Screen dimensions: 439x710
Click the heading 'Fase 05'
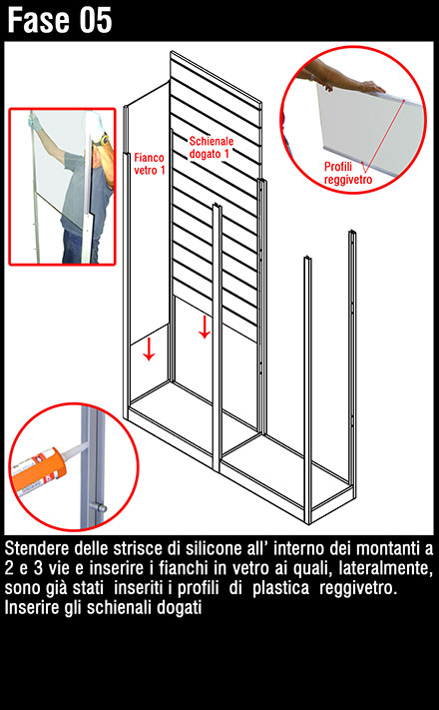59,20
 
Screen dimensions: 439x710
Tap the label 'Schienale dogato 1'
212,148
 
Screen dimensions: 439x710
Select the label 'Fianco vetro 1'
150,164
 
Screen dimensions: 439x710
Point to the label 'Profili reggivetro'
348,173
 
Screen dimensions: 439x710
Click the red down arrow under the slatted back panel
205,327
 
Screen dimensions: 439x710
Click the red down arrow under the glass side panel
149,350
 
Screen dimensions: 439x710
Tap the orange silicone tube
39,468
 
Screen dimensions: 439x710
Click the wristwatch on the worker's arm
103,140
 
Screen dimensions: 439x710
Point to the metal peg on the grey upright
98,506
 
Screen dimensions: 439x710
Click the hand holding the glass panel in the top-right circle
370,86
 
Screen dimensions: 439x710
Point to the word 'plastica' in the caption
280,588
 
